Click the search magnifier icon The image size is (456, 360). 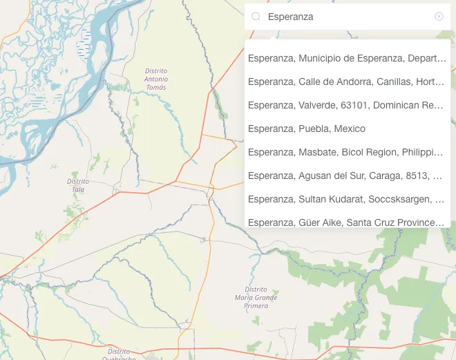[x=256, y=17]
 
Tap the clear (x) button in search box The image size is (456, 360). [x=439, y=17]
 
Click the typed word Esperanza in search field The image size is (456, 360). [x=290, y=17]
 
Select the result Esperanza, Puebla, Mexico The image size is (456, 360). [x=307, y=129]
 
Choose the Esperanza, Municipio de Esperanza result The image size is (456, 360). [x=347, y=58]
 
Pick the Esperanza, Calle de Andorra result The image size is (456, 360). [x=347, y=82]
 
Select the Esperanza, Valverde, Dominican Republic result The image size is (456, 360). [x=347, y=105]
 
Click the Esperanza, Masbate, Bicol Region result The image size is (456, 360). [x=347, y=152]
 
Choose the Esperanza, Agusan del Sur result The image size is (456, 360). [x=347, y=176]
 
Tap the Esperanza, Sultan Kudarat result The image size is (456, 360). [x=347, y=199]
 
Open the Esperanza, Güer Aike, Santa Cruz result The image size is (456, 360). [x=347, y=222]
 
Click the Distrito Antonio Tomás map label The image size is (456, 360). [x=156, y=79]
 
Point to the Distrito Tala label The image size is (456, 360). [x=77, y=184]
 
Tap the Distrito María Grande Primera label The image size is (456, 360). [x=256, y=297]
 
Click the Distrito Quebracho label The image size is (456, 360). [x=113, y=354]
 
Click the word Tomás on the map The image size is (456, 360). [x=156, y=88]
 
